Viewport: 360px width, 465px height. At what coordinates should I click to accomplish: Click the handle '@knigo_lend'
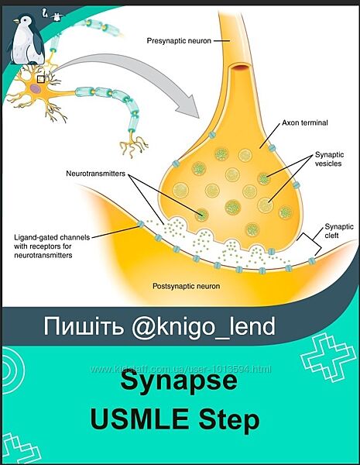pos(207,327)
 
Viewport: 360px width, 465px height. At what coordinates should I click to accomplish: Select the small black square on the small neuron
pos(43,77)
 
